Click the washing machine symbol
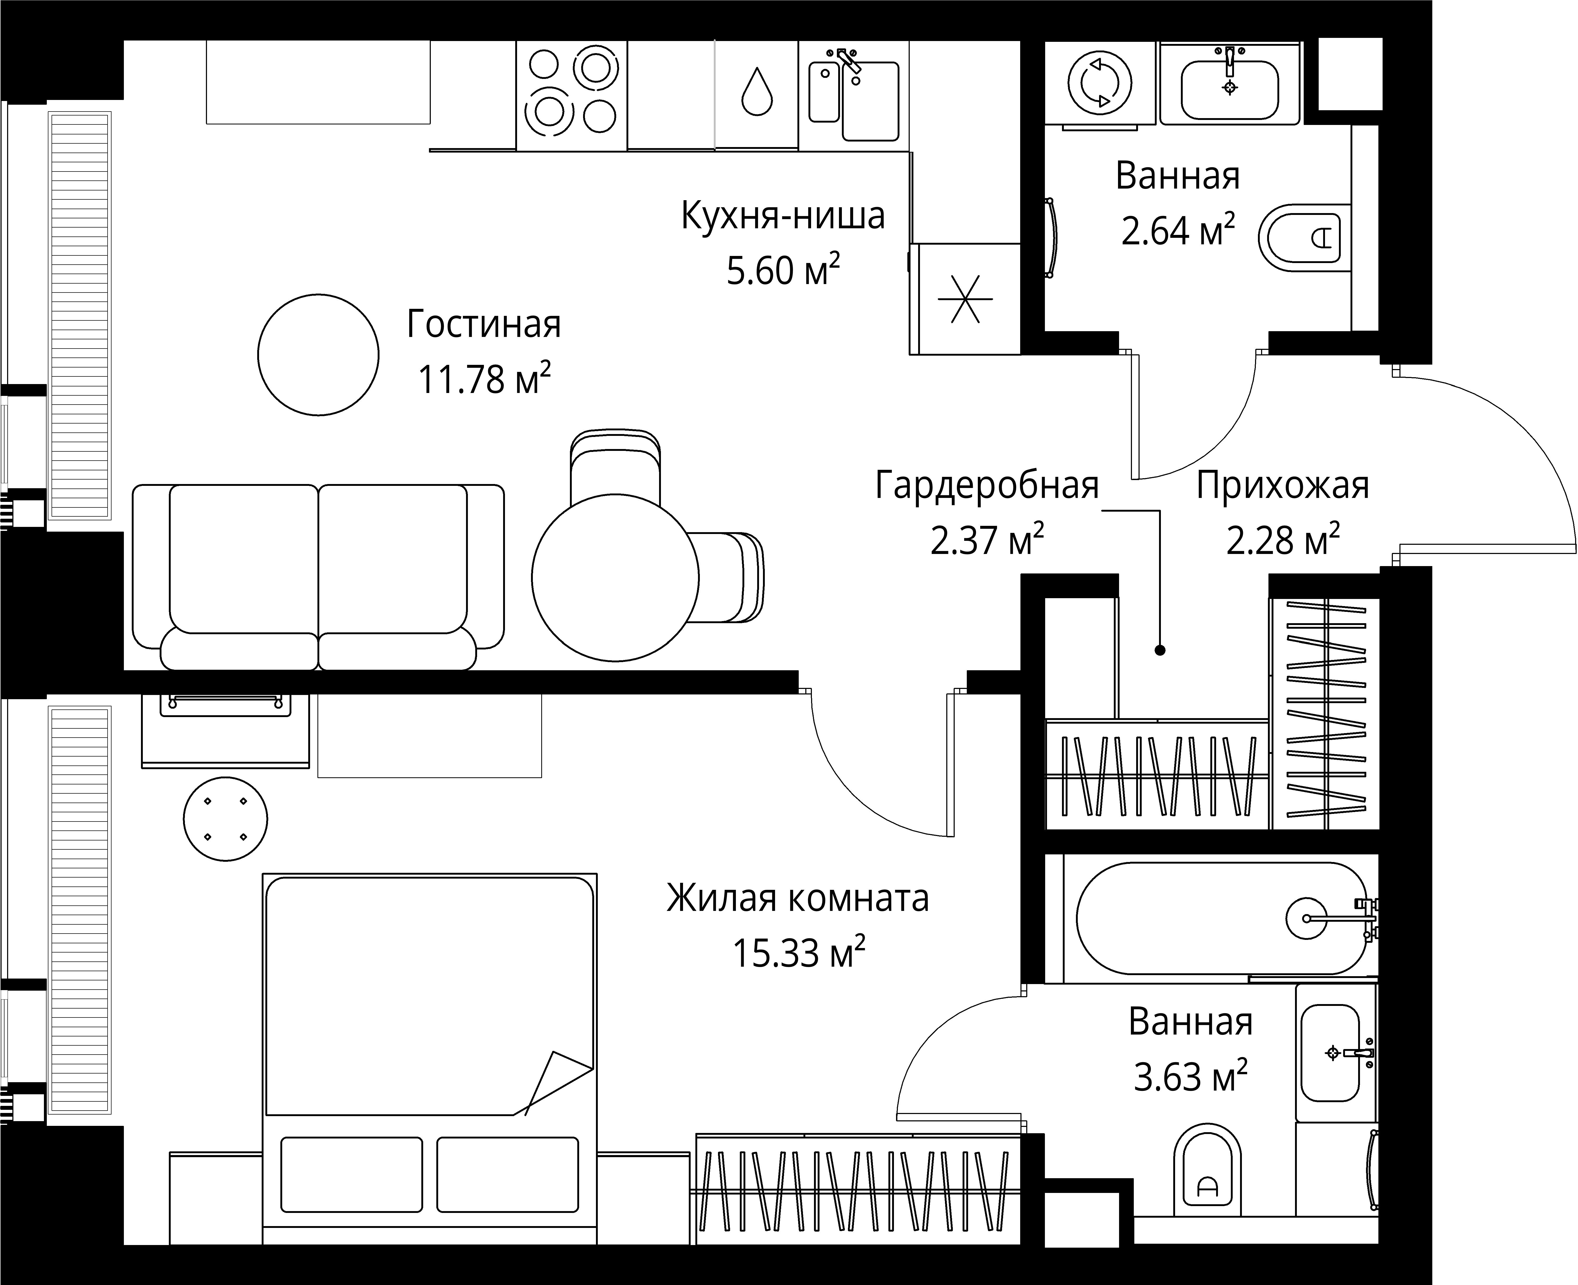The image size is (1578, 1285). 1100,83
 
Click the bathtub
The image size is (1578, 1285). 1221,918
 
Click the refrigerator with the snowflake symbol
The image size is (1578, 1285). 965,299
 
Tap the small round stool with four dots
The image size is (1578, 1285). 225,819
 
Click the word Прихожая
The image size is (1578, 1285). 1283,486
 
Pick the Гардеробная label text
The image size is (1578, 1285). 987,486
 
